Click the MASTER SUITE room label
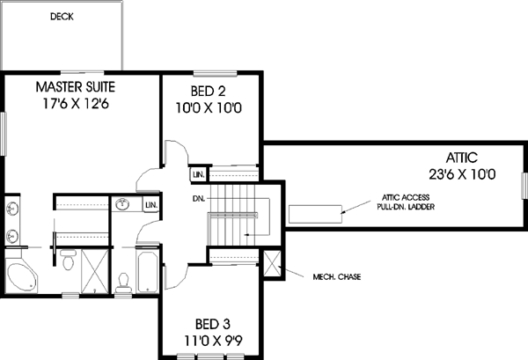click(x=76, y=87)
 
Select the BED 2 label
click(x=210, y=91)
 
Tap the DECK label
click(x=62, y=16)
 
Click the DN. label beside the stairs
click(x=200, y=199)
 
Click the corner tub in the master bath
click(x=18, y=276)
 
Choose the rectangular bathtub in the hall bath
click(x=148, y=268)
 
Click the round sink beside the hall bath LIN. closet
click(x=125, y=206)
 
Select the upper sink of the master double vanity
click(x=12, y=209)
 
